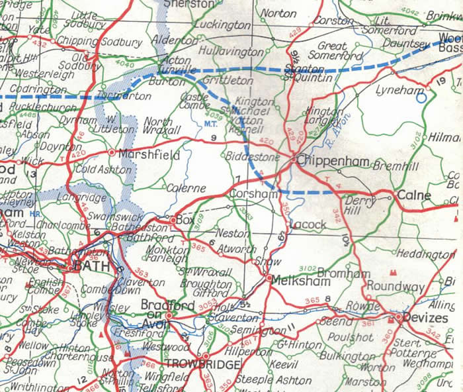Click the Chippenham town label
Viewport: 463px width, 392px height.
tap(329, 160)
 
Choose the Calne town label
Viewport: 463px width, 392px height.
tap(414, 196)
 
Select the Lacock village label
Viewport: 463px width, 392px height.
tap(309, 224)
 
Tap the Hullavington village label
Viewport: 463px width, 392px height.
tap(231, 50)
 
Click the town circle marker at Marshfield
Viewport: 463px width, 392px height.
tap(111, 153)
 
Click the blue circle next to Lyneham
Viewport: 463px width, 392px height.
tap(421, 99)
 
